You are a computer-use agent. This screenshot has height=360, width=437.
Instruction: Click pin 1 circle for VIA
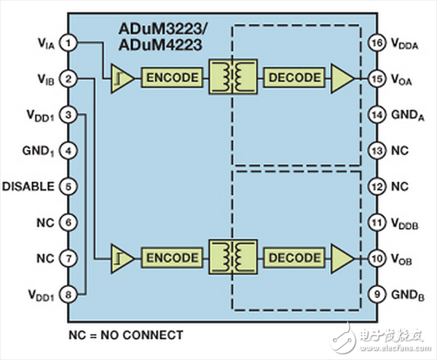pos(68,43)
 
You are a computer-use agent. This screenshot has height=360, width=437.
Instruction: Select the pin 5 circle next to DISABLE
pos(68,187)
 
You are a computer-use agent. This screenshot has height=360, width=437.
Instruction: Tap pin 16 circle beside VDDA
pos(377,43)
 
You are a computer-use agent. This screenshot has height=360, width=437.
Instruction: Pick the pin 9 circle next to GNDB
pos(377,294)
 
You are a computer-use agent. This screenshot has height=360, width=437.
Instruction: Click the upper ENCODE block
pos(172,77)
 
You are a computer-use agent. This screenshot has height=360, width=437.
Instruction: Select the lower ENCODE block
pos(172,258)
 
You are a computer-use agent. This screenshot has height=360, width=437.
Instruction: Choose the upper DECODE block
pos(294,77)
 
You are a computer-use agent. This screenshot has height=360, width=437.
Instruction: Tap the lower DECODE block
pos(294,258)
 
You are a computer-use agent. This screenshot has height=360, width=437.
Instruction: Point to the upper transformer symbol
pos(233,77)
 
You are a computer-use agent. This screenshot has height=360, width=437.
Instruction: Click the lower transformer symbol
pos(233,257)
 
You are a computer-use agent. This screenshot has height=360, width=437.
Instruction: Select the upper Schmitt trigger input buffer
pos(121,79)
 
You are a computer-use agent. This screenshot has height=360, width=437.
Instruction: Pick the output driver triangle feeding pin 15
pos(342,79)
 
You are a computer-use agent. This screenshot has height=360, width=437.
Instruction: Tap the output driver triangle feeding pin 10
pos(342,259)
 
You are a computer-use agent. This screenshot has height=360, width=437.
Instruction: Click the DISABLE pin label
pos(28,187)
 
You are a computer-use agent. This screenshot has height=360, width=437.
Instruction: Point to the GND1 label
pos(38,152)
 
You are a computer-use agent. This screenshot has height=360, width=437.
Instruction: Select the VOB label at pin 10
pos(401,259)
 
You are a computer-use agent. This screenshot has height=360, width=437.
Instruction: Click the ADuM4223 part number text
pos(160,45)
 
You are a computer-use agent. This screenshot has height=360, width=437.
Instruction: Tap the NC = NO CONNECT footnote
pos(126,335)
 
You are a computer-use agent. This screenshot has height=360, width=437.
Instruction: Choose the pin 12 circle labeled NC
pos(377,187)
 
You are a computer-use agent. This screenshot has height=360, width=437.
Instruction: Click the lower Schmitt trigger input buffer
pos(121,259)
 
